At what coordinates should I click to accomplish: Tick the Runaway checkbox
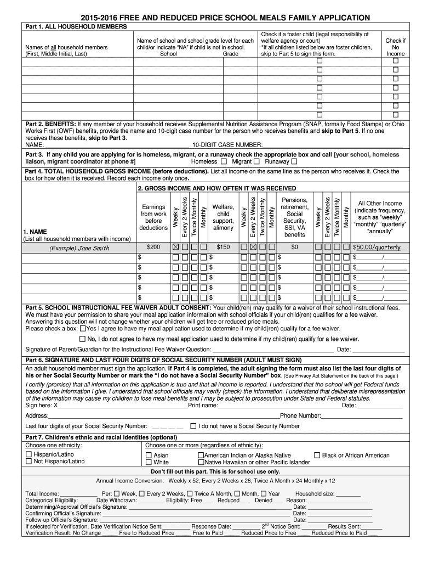pos(294,162)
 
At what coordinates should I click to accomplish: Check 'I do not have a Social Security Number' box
pos(193,426)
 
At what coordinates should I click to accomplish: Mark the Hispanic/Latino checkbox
pos(29,455)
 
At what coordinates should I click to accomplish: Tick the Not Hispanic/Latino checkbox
pos(29,462)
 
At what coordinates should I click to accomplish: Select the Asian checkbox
pos(149,456)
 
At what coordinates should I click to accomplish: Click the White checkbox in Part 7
pos(149,463)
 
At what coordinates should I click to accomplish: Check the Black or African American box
pos(317,455)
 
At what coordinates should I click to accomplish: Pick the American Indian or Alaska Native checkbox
pos(201,456)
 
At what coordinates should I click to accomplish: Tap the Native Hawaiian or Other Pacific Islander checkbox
pos(201,463)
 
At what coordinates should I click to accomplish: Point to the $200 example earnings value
pos(154,248)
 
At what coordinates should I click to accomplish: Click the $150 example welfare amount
pos(223,248)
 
